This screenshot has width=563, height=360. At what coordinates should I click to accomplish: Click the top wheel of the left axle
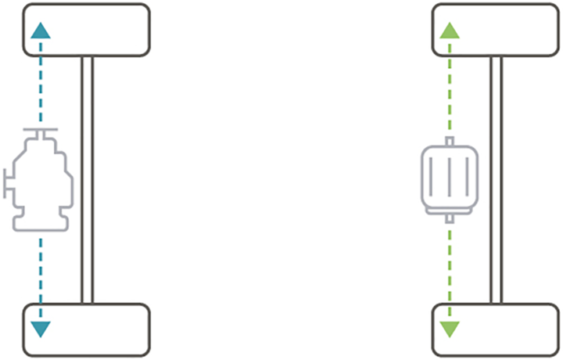86,30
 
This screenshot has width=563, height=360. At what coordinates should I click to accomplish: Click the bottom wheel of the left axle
86,329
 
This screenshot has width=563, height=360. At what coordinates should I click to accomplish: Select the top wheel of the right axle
496,30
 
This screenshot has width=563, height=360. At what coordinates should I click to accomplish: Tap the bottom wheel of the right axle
496,329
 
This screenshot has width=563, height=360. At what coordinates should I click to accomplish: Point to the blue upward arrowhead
41,31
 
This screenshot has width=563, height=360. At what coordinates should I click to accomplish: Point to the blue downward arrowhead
41,328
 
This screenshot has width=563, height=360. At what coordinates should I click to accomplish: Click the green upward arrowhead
450,31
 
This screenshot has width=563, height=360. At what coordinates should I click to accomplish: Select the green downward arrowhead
450,328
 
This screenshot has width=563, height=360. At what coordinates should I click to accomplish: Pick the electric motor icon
449,179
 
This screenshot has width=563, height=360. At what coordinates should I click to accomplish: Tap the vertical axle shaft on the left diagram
87,179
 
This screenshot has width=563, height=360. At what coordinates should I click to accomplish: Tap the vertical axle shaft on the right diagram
496,179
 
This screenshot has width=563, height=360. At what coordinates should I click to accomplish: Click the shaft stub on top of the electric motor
449,142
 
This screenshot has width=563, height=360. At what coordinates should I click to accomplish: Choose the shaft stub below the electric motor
449,218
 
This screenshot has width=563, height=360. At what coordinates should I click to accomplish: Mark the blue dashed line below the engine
41,274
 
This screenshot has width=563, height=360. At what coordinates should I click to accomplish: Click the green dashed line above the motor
450,86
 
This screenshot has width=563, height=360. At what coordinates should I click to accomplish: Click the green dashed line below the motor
450,270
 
